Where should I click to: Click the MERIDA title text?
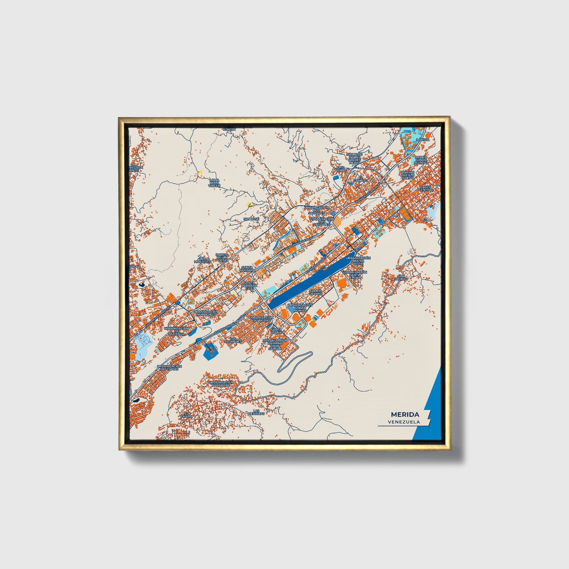(405, 414)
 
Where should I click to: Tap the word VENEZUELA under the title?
(403, 422)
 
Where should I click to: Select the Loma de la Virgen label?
(215, 183)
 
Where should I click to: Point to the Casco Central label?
(425, 188)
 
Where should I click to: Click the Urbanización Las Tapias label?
(169, 368)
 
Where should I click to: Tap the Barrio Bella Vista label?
(222, 258)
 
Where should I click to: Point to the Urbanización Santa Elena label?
(354, 274)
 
